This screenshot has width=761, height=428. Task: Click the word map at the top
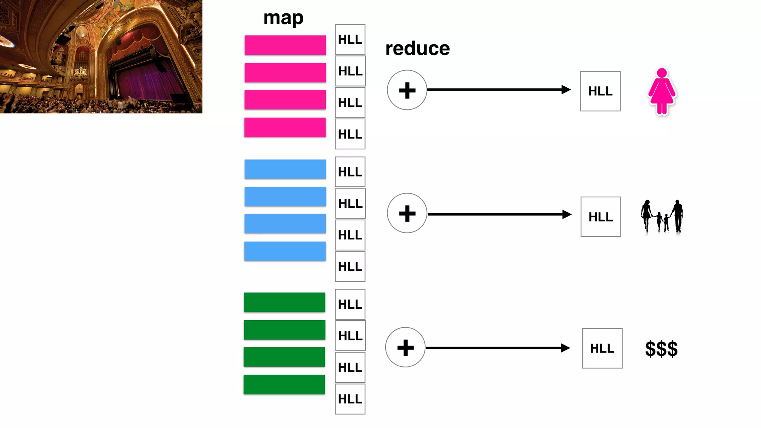[x=283, y=18]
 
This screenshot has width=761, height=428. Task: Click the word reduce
[x=417, y=49]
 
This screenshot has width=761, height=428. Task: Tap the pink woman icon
[x=662, y=91]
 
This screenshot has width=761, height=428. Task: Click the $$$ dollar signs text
[x=661, y=349]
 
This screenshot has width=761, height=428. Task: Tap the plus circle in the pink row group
[x=407, y=90]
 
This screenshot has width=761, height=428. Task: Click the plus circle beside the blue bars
[x=407, y=213]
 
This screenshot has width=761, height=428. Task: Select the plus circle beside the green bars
[x=405, y=347]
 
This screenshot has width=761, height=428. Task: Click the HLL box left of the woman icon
[x=600, y=91]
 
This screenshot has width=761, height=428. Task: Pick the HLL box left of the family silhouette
[x=600, y=217]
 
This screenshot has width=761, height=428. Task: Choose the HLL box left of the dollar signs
[x=602, y=348]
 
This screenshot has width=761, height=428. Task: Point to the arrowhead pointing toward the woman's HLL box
[x=566, y=90]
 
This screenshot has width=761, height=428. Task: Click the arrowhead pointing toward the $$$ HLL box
[x=565, y=348]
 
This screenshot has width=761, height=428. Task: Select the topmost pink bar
[x=285, y=45]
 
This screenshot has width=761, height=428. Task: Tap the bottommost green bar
[x=284, y=385]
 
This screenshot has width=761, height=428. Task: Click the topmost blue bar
[x=285, y=169]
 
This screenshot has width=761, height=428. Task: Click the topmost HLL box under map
[x=350, y=39]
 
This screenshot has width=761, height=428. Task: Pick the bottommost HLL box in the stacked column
[x=350, y=399]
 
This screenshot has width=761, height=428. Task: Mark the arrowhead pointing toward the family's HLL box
[x=567, y=214]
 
